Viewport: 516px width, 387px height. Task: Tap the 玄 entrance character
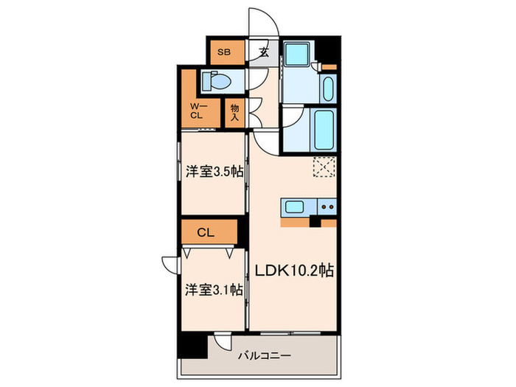tap(263, 52)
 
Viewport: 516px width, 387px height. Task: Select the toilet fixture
tap(217, 81)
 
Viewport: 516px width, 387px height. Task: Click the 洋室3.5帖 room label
tap(215, 171)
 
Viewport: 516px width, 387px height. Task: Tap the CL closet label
tap(206, 232)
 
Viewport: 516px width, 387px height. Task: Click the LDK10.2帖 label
tap(294, 271)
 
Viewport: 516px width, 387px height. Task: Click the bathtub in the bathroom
tap(324, 129)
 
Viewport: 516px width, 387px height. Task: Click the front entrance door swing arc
tap(263, 21)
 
